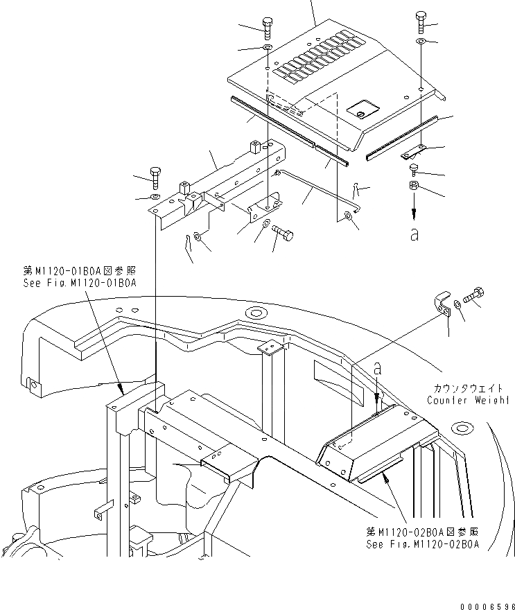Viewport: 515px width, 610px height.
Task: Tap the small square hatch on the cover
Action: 361,107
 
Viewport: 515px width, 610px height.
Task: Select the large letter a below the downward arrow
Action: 414,235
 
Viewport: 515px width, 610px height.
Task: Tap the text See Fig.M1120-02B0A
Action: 423,544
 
